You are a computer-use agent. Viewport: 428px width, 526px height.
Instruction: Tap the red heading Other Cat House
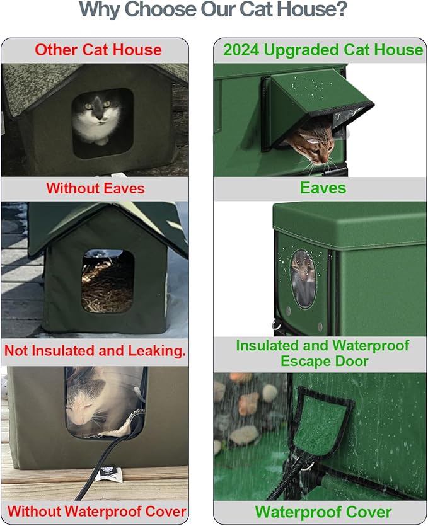pos(98,50)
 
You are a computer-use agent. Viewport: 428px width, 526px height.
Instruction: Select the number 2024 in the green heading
pos(241,50)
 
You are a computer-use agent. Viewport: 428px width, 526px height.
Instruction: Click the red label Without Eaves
pos(95,188)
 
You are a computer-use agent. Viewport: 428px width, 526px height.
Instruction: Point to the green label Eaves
pos(323,188)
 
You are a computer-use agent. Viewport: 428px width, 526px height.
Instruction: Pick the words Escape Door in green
pos(324,362)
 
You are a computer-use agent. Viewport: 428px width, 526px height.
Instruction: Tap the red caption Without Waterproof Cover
pos(96,512)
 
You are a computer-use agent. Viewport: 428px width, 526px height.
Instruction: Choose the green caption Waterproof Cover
pos(323,512)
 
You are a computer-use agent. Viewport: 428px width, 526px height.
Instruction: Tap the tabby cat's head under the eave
pos(314,144)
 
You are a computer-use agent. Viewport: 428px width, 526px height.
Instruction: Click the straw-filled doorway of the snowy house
pos(108,281)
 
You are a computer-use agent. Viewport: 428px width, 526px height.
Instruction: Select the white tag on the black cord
pos(108,473)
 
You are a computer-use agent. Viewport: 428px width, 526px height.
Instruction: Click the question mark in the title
pos(340,9)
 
